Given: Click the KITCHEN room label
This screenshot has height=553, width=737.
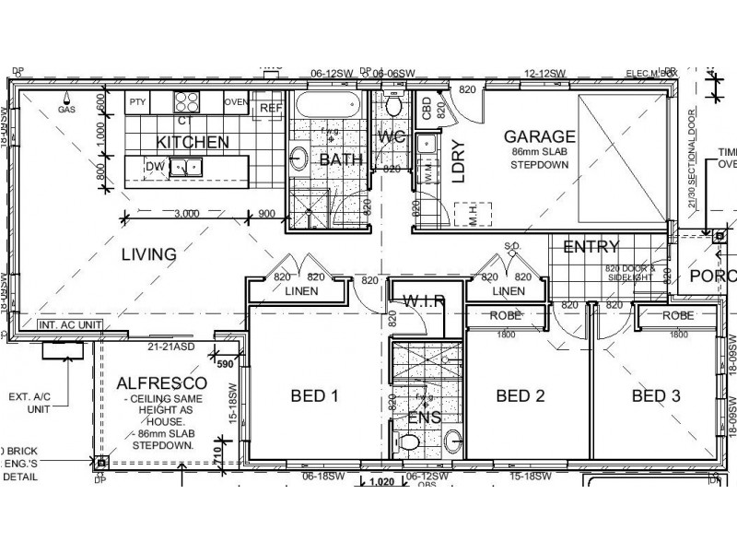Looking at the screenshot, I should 192,142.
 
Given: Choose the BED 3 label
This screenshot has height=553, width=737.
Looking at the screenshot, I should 656,396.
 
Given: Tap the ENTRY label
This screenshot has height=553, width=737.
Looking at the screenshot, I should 591,246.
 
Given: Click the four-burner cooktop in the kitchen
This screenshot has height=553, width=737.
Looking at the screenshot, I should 188,101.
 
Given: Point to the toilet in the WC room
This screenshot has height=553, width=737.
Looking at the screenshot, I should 395,107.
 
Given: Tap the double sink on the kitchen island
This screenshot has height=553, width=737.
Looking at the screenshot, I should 191,168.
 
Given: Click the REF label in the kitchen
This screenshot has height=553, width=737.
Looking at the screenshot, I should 270,108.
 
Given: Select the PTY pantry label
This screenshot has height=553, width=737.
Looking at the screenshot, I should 137,101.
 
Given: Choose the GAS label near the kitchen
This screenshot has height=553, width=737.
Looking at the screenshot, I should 65,109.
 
